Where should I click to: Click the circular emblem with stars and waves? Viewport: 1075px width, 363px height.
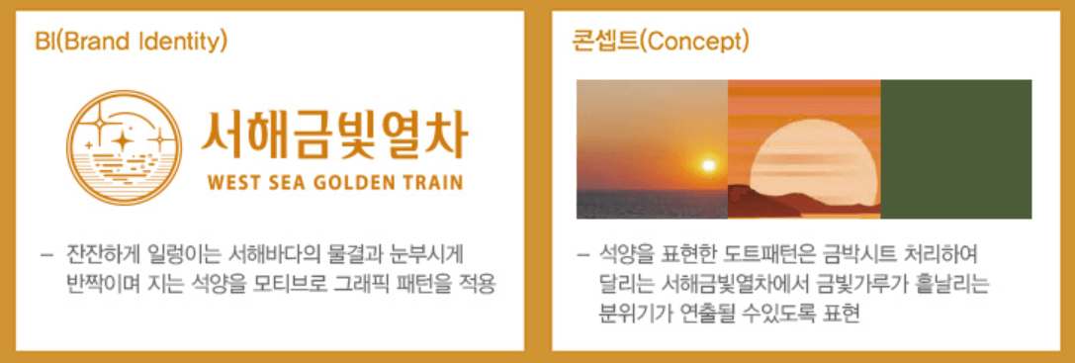click(x=126, y=146)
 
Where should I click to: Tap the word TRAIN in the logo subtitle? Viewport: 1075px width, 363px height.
click(x=433, y=183)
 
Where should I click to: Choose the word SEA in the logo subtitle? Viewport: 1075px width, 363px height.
click(x=288, y=183)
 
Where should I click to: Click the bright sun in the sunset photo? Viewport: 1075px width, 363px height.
click(x=706, y=163)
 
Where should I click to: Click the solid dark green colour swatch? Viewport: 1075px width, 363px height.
click(x=955, y=149)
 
